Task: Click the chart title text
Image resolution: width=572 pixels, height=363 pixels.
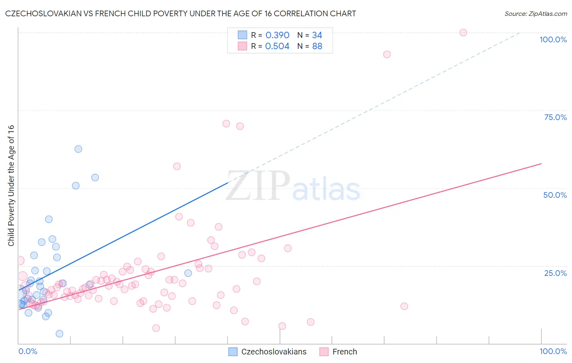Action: click(180, 13)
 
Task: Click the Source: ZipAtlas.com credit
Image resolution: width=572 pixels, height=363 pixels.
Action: click(535, 13)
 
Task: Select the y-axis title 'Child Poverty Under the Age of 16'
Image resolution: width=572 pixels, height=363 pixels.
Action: click(11, 185)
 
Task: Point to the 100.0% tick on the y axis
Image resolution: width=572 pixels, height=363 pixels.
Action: click(553, 39)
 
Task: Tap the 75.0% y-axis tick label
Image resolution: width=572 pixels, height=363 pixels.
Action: click(555, 117)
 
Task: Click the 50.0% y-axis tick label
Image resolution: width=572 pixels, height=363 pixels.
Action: click(555, 195)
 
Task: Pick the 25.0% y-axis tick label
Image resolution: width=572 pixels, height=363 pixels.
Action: click(555, 273)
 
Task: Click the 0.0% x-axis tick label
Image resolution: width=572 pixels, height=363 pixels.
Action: click(28, 351)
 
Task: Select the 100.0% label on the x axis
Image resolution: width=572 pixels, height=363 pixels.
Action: click(553, 351)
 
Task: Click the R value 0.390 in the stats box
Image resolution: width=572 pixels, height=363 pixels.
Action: click(277, 35)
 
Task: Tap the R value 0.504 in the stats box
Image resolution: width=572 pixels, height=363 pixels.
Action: click(277, 46)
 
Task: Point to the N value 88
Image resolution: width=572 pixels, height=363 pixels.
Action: click(317, 46)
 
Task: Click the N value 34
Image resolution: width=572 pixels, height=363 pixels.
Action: click(317, 35)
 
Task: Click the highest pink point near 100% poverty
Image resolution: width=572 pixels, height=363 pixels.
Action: click(463, 33)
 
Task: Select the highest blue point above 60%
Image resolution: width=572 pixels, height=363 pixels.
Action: click(79, 149)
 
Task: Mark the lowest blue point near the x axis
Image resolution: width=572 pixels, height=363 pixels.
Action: click(59, 334)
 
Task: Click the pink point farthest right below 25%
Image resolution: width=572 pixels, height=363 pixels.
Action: click(404, 306)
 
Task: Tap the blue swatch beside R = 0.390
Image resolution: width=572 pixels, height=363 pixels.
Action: click(242, 35)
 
